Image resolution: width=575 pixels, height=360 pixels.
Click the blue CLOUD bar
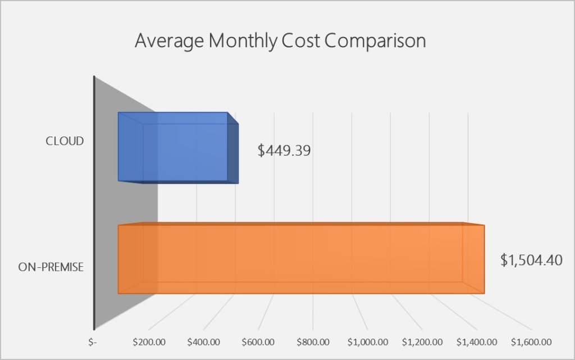pyautogui.click(x=174, y=147)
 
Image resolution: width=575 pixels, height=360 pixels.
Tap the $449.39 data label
pyautogui.click(x=284, y=151)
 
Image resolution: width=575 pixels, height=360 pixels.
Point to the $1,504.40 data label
pyautogui.click(x=531, y=261)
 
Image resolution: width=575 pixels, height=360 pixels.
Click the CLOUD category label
pyautogui.click(x=65, y=141)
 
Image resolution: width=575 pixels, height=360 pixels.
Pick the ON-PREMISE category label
pyautogui.click(x=51, y=267)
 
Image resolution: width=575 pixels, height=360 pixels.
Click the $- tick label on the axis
pyautogui.click(x=93, y=341)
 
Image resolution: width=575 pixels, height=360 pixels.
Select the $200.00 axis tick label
pyautogui.click(x=149, y=341)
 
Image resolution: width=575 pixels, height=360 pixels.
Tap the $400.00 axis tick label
pyautogui.click(x=204, y=341)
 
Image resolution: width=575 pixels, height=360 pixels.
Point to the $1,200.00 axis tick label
pyautogui.click(x=422, y=341)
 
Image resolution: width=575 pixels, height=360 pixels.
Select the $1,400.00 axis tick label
pyautogui.click(x=477, y=341)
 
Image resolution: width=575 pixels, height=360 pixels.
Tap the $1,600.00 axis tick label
pyautogui.click(x=531, y=341)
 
